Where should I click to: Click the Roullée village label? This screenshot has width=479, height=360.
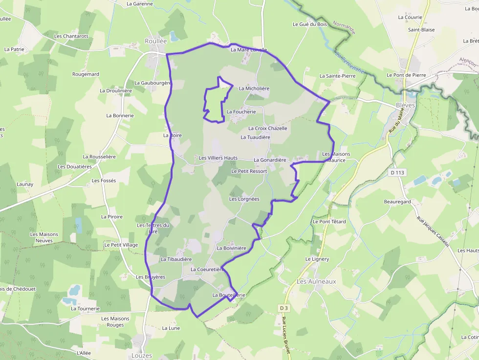click(156, 42)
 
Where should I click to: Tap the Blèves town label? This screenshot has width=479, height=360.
click(405, 105)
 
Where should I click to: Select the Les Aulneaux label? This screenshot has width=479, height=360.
click(316, 281)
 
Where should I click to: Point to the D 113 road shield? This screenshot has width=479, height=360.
click(399, 172)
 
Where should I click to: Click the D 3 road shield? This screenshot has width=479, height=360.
click(284, 308)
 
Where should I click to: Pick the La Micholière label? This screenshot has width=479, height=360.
click(254, 88)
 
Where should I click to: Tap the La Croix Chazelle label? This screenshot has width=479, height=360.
click(267, 128)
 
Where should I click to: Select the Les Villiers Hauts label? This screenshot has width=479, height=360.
click(218, 158)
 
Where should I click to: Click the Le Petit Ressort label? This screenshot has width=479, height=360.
click(249, 171)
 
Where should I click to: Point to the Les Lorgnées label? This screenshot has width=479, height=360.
click(244, 199)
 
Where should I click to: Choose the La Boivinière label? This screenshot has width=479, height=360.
click(231, 248)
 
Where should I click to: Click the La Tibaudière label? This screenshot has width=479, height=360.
click(176, 259)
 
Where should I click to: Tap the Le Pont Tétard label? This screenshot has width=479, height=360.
click(329, 221)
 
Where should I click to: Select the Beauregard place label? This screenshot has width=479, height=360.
click(397, 201)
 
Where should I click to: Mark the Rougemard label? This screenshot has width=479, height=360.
click(86, 74)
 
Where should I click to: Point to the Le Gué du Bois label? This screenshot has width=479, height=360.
click(310, 24)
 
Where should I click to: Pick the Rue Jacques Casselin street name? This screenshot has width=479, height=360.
click(433, 232)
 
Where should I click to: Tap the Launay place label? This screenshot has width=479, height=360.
click(25, 184)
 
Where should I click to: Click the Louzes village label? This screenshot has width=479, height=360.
click(142, 356)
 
